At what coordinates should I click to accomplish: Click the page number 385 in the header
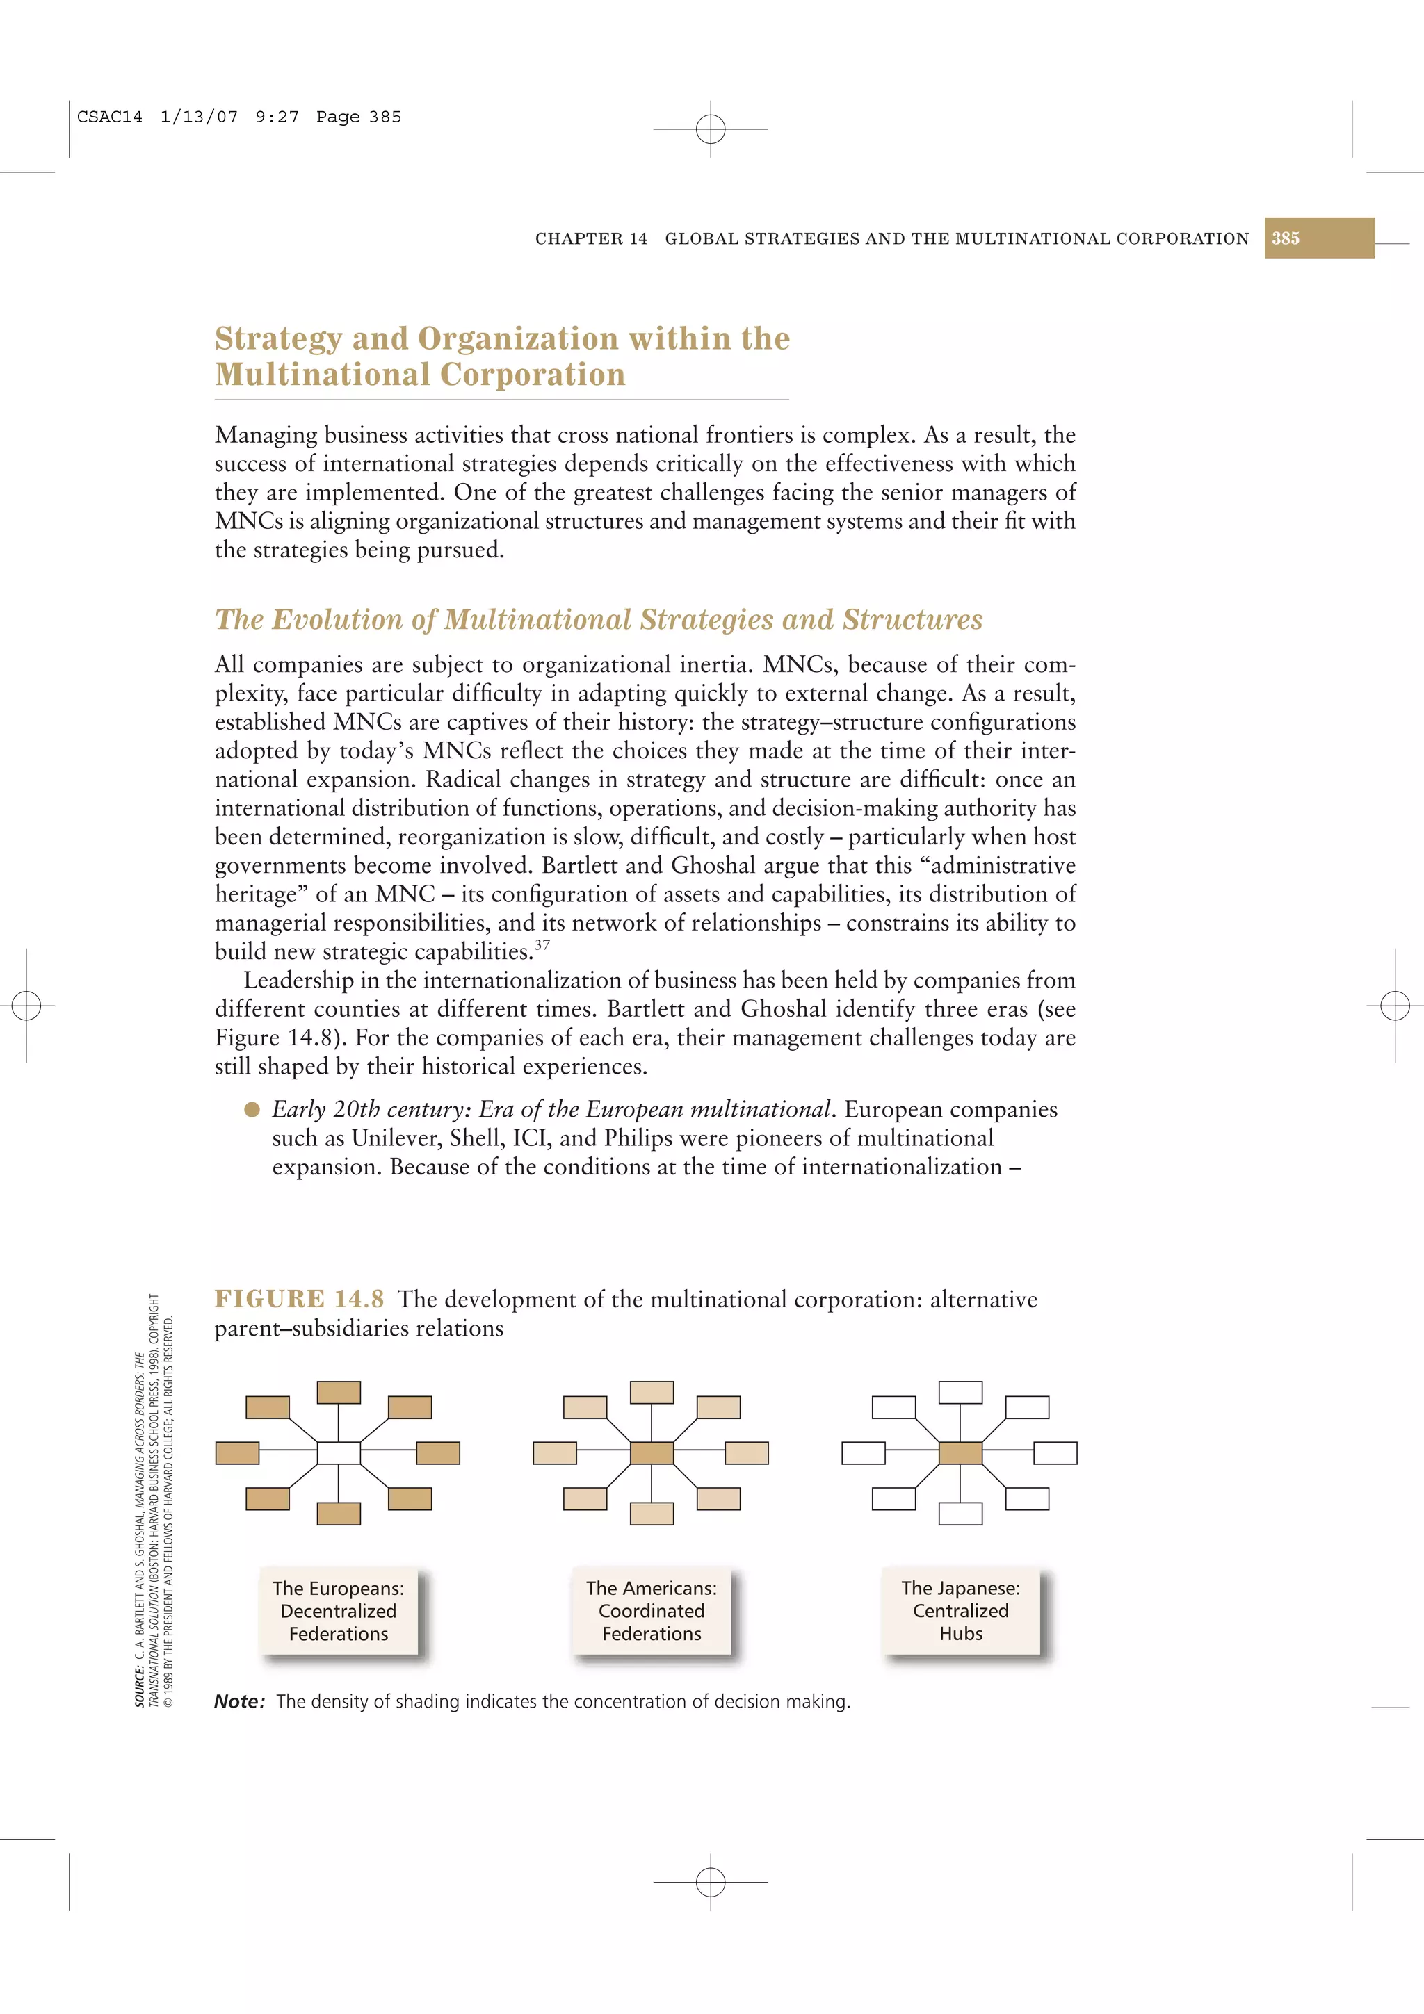coord(1286,238)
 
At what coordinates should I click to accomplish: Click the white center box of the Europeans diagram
coord(339,1452)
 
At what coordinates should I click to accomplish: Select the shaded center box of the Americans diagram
coord(652,1452)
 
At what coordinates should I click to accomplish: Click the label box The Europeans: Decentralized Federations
coord(339,1612)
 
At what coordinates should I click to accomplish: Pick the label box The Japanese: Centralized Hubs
coord(961,1612)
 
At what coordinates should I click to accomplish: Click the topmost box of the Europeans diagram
coord(339,1392)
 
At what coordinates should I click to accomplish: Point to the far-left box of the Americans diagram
coord(554,1452)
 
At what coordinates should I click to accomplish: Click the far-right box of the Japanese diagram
coord(1055,1452)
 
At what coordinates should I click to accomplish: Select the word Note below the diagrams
coord(238,1702)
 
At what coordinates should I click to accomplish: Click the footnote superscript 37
coord(542,944)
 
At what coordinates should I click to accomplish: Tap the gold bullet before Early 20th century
coord(252,1110)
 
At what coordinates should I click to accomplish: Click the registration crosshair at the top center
coord(711,129)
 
